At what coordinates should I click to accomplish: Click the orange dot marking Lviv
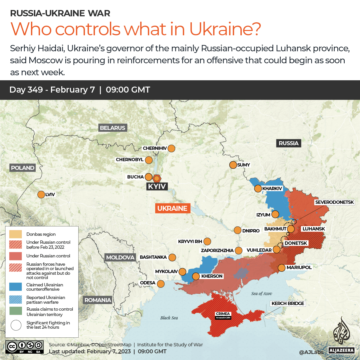coord(41,194)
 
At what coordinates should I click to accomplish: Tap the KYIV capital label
coord(157,186)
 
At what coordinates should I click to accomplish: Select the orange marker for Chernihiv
coord(172,148)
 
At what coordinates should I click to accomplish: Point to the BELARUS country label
coord(113,128)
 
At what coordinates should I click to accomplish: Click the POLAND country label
coord(23,168)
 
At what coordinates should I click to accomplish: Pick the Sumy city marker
coord(233,165)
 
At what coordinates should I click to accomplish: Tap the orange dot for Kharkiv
coord(258,188)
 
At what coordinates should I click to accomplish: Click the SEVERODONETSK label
coord(337,202)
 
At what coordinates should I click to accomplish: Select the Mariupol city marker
coord(282,267)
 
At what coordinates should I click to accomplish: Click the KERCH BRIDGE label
coord(288,303)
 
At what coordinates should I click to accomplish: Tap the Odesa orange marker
coord(161,284)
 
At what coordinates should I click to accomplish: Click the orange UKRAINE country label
coord(173,208)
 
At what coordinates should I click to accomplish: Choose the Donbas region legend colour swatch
coord(16,234)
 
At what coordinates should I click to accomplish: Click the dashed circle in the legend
coord(16,325)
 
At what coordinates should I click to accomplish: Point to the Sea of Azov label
coord(262,293)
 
